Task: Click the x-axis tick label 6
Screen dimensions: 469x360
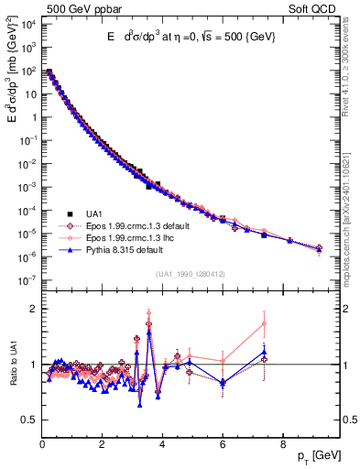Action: pos(222,443)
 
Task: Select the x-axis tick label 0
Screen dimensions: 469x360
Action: pos(42,443)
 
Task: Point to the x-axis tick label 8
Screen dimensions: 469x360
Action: pos(281,443)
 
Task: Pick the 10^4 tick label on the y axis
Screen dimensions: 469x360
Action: pos(27,23)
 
